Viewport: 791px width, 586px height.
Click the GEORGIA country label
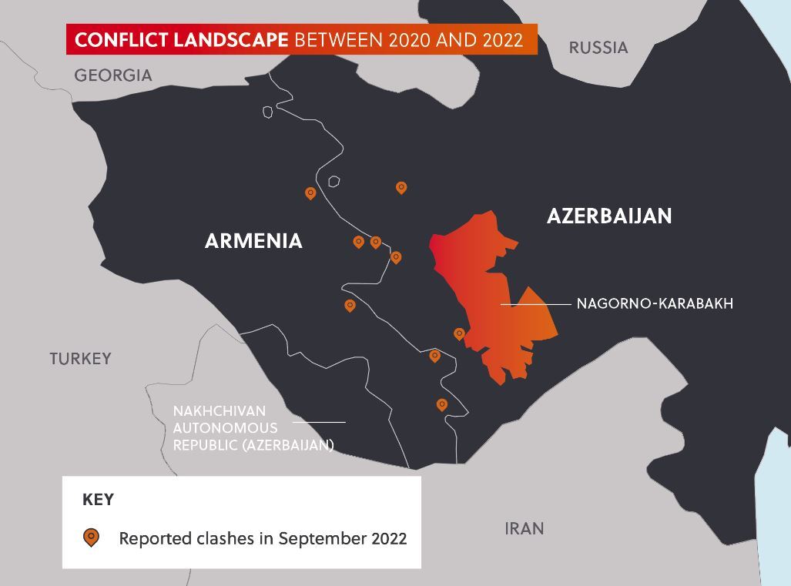coord(112,75)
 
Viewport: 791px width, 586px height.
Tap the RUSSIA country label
coord(598,48)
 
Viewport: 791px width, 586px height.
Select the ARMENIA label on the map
coord(253,241)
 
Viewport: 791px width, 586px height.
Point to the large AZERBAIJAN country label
coord(608,216)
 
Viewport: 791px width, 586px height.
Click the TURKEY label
coord(80,359)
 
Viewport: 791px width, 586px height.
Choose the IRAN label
coord(524,528)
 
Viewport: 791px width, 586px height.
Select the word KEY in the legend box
coord(98,500)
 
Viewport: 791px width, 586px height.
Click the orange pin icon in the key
coord(91,537)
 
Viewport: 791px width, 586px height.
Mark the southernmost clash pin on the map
coord(441,404)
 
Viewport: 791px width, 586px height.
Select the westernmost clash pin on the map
coord(310,193)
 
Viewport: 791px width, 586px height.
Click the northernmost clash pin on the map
coord(401,187)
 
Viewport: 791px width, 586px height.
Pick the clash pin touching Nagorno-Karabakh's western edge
coord(459,333)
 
